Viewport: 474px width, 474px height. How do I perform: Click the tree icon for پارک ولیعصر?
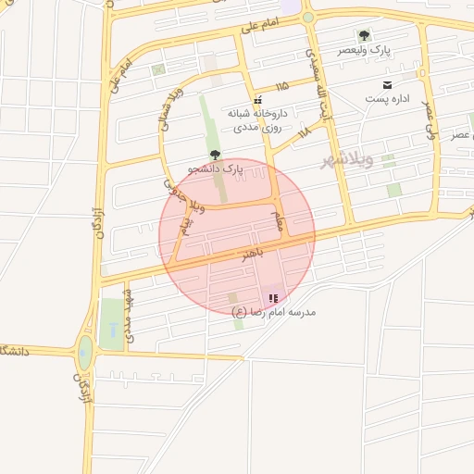pyautogui.click(x=364, y=35)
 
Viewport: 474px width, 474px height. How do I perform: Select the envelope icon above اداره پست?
pyautogui.click(x=387, y=84)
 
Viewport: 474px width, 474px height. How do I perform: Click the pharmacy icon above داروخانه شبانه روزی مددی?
pyautogui.click(x=257, y=99)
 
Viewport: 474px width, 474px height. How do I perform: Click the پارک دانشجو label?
pyautogui.click(x=215, y=169)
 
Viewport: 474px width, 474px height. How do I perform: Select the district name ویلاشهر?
pyautogui.click(x=347, y=161)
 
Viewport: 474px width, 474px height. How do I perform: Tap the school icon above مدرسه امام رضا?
pyautogui.click(x=272, y=298)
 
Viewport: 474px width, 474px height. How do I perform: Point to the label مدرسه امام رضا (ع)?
pyautogui.click(x=274, y=312)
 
